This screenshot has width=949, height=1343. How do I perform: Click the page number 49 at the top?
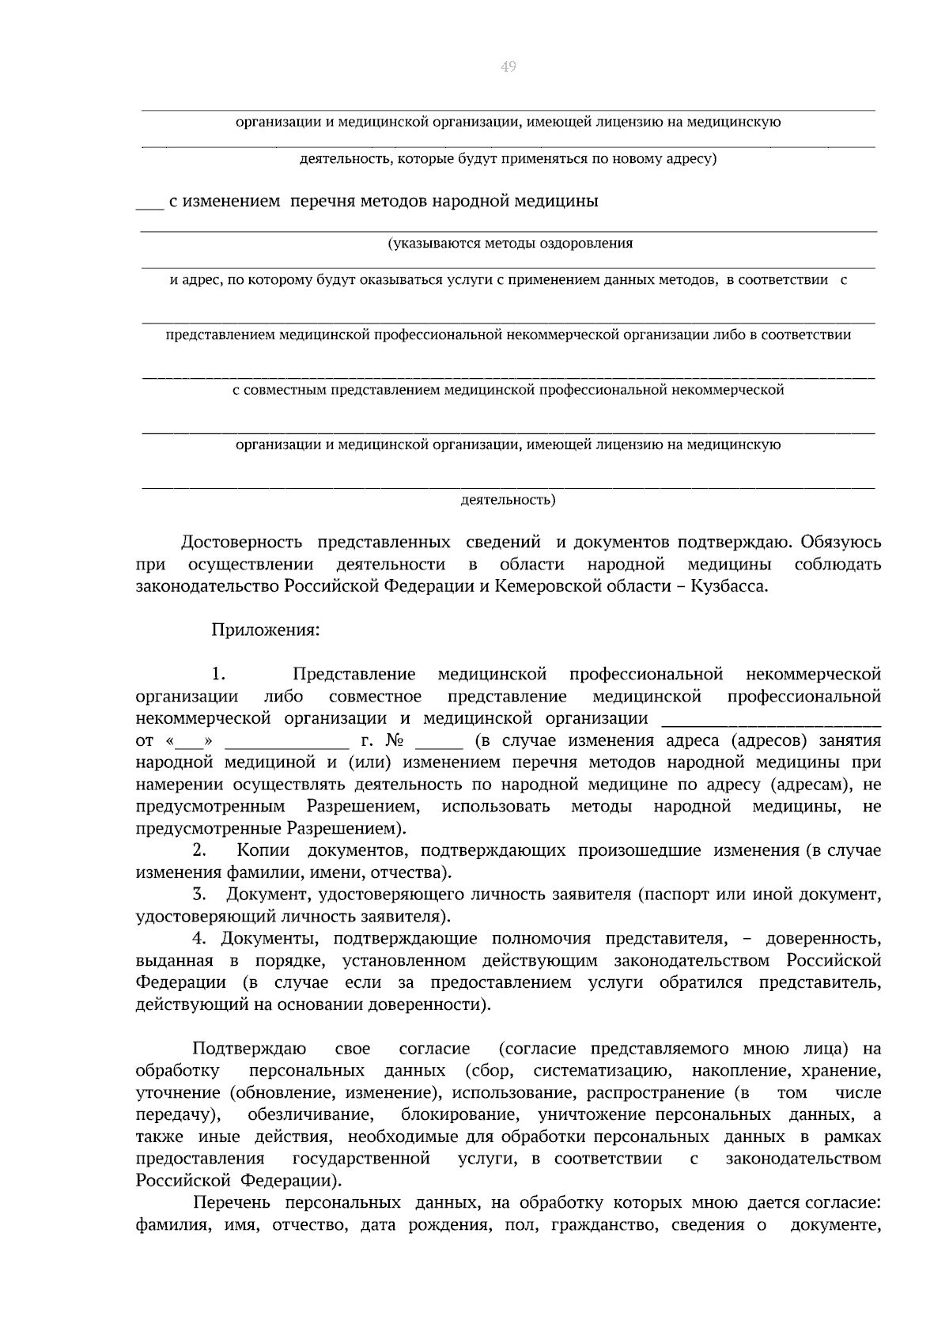pos(508,67)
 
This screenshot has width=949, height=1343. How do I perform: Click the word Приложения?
pos(265,630)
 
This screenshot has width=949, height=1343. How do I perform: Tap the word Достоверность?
pos(241,543)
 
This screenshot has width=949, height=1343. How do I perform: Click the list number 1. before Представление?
pos(218,675)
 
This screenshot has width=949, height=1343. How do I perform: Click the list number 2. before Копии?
pos(199,851)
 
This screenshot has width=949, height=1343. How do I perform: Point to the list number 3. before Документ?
pos(199,895)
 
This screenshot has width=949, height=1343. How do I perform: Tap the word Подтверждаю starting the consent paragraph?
pos(249,1050)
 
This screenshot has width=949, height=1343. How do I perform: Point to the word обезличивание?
pos(310,1115)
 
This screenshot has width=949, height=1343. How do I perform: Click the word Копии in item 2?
pos(263,851)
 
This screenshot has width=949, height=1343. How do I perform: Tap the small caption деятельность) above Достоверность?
pos(508,500)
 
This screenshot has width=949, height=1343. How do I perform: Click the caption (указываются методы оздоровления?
pos(510,244)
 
